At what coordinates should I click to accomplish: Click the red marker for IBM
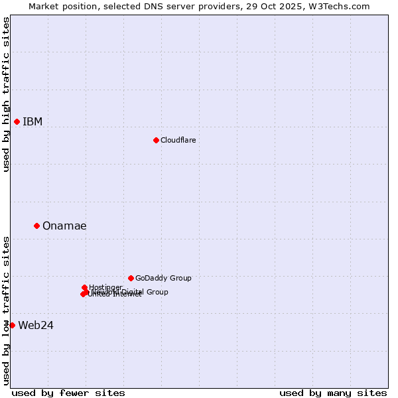[17, 121]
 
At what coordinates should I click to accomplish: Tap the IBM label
[33, 121]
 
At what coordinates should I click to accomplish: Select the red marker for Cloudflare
[156, 140]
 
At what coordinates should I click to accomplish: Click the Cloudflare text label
[178, 140]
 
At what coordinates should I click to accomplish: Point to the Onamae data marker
[36, 226]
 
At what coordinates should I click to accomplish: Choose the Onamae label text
[64, 226]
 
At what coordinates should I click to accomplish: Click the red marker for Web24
[12, 325]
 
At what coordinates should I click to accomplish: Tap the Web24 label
[36, 325]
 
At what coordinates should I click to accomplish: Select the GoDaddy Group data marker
[131, 278]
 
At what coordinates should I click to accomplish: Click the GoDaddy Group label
[163, 278]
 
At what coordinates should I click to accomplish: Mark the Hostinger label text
[105, 287]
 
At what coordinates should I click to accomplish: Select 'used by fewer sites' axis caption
[68, 393]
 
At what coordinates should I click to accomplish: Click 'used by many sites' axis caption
[333, 393]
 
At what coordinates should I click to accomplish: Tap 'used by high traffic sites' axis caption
[6, 94]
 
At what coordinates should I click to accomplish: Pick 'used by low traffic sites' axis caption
[6, 310]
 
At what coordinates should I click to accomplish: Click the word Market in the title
[44, 6]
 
